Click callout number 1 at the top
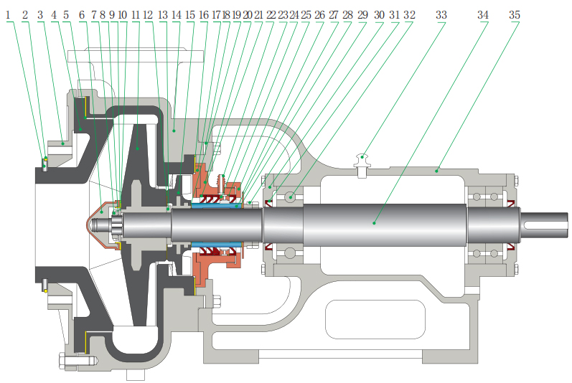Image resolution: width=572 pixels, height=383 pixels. tap(8, 15)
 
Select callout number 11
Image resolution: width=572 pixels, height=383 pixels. tap(136, 15)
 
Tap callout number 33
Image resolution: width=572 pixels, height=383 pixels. tap(441, 15)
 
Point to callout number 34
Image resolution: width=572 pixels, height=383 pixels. tap(483, 15)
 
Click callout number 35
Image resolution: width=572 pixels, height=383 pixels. tap(515, 15)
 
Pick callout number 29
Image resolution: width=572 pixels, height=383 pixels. tap(362, 15)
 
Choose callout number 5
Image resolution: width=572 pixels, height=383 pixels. tap(66, 15)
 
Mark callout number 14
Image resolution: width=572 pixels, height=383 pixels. tap(177, 15)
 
